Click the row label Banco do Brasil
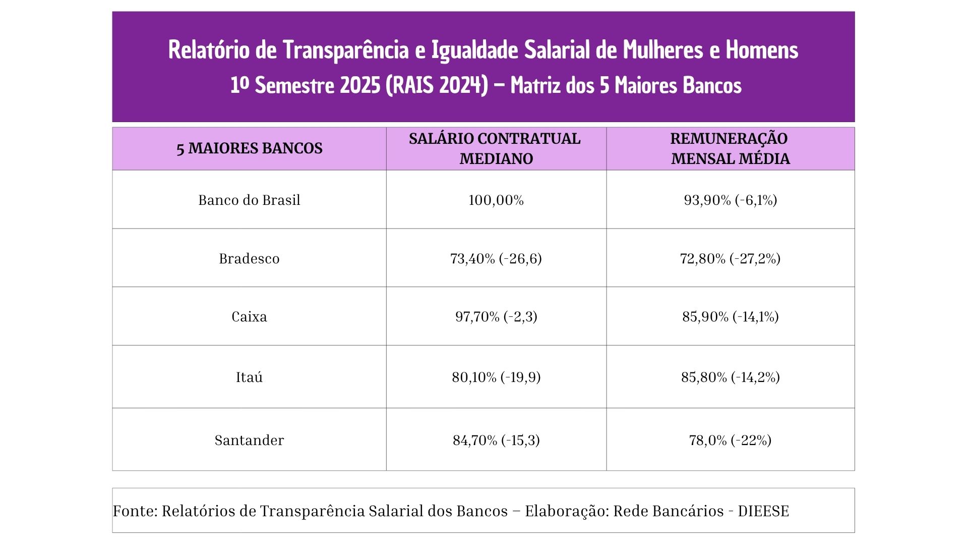249,200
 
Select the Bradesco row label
249,259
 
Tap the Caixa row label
249,317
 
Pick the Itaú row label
249,377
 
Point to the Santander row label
249,441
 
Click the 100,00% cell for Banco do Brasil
496,200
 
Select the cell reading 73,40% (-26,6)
496,259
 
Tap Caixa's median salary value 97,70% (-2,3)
496,317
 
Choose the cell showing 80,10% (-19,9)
496,377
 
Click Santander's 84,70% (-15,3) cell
496,441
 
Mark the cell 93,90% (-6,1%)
730,200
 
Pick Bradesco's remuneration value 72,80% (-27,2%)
730,259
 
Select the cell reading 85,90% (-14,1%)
730,317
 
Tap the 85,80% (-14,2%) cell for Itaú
730,377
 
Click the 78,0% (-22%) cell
730,441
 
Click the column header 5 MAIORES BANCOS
249,148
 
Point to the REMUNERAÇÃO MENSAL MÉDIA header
730,148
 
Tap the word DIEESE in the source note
763,511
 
